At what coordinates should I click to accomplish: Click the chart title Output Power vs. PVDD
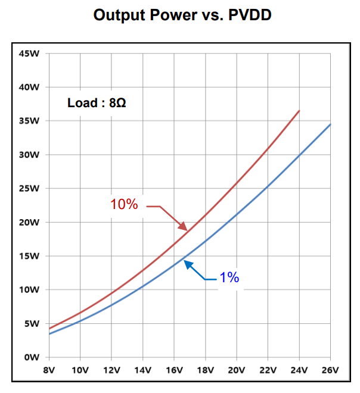point(182,15)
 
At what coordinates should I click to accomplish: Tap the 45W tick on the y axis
point(29,54)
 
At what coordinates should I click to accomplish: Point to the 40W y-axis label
point(29,88)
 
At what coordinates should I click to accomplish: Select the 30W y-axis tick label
point(29,155)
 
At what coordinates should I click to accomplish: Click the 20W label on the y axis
point(29,223)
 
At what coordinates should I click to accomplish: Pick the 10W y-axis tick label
point(29,290)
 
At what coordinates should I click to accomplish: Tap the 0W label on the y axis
point(32,357)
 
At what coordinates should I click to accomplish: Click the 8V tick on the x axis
point(49,369)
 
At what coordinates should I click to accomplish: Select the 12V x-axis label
point(111,369)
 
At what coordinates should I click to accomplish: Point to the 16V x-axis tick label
point(174,369)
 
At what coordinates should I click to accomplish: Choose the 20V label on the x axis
point(237,369)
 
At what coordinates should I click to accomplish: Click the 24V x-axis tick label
point(299,369)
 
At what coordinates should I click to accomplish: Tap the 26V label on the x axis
point(330,369)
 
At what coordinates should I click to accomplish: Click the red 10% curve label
point(124,204)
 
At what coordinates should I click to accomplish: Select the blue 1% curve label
point(229,277)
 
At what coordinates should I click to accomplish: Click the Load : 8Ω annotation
point(97,102)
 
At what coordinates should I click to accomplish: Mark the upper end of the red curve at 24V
point(299,111)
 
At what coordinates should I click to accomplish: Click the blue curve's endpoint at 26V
point(330,124)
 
